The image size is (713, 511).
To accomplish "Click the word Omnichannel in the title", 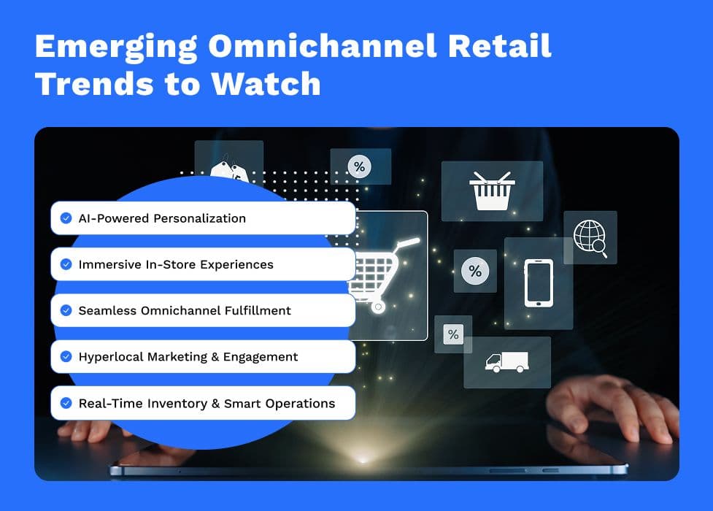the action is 323,46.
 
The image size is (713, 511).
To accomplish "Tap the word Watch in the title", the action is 266,84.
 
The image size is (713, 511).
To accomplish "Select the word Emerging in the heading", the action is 116,47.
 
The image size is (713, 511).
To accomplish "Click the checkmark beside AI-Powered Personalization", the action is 66,218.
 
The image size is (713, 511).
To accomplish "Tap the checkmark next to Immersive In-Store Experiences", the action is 66,264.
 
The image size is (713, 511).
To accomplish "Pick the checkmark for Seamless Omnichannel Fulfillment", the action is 66,310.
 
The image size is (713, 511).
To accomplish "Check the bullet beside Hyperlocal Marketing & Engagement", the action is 66,356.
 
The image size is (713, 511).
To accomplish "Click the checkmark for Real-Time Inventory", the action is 66,403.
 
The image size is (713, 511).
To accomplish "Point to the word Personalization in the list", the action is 200,218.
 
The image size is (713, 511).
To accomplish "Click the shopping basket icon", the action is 492,191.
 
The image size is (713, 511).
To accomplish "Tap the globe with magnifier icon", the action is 590,237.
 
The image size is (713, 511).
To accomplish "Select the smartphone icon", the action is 539,283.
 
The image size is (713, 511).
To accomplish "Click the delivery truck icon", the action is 507,362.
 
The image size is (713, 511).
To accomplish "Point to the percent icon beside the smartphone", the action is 475,272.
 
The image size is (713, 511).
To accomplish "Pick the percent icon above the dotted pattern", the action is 359,166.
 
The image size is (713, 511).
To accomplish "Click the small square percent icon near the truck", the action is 453,334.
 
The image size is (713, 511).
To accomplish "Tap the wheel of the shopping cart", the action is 378,307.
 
